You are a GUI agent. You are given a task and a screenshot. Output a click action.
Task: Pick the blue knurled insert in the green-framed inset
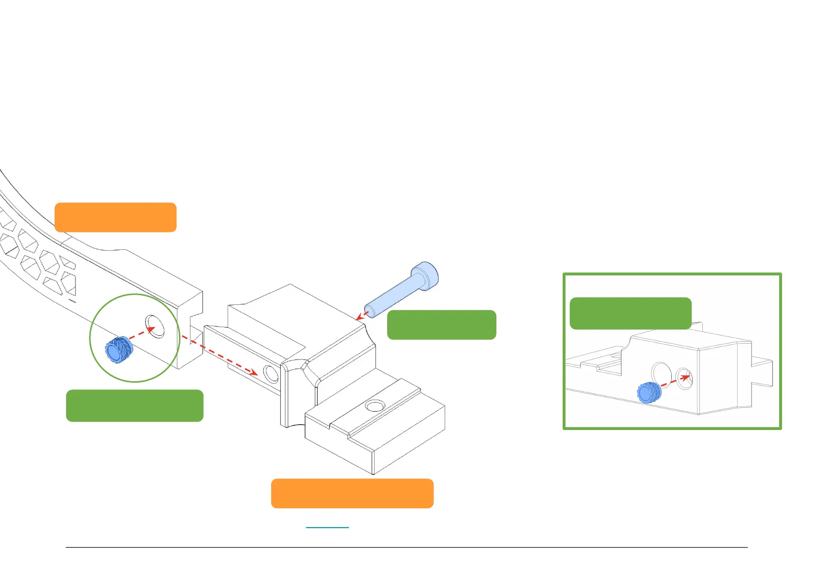[x=649, y=392]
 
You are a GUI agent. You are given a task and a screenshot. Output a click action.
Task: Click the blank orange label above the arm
[x=116, y=217]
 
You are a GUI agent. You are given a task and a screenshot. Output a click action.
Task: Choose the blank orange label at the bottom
[x=352, y=493]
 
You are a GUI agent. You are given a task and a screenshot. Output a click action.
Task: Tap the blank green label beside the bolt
[x=441, y=325]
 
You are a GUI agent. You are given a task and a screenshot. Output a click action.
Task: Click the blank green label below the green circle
[x=134, y=405]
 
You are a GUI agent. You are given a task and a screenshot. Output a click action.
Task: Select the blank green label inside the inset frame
[x=630, y=313]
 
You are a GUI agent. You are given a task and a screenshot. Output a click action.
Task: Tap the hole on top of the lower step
[x=374, y=405]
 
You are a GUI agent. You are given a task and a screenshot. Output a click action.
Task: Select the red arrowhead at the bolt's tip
[x=360, y=317]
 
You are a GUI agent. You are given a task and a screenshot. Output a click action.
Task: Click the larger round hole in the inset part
[x=661, y=374]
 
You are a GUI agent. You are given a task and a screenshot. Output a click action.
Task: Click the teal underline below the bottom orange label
[x=327, y=527]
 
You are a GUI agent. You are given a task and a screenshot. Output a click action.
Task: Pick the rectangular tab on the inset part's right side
[x=762, y=372]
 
